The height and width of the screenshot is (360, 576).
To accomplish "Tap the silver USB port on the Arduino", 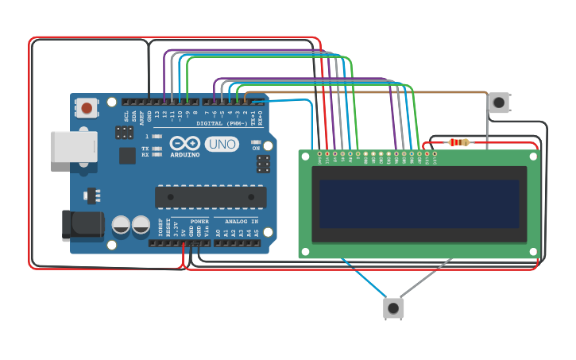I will [73, 147].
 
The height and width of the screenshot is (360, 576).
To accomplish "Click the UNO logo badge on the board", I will [221, 144].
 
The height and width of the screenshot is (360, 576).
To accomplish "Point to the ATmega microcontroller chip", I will [211, 196].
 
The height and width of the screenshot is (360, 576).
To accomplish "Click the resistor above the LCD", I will [458, 143].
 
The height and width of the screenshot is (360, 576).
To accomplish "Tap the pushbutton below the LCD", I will [393, 308].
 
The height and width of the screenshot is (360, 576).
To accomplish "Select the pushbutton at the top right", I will [498, 102].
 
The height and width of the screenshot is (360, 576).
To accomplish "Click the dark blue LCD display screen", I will [419, 203].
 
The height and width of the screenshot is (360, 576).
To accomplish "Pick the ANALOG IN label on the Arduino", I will [242, 221].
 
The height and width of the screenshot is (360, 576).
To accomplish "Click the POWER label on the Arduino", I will [199, 221].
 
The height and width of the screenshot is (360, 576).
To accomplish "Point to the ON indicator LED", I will [256, 141].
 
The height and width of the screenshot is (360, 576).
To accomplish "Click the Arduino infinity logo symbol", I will [184, 144].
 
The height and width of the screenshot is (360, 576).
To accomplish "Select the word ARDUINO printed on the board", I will [184, 155].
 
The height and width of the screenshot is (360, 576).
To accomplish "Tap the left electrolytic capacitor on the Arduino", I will [121, 224].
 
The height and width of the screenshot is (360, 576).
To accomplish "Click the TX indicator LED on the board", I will [157, 149].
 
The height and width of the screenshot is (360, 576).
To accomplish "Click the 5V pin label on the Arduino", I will [183, 232].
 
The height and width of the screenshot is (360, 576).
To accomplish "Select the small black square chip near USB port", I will [126, 154].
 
